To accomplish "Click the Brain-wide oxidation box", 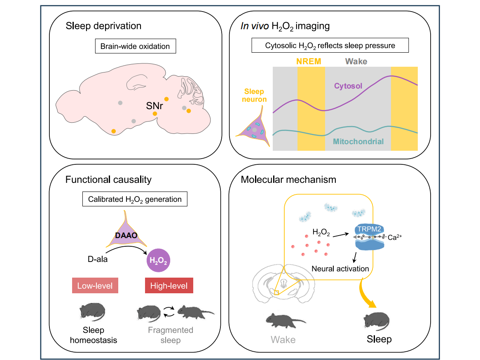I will coord(136,46).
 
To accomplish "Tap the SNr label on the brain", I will coord(155,106).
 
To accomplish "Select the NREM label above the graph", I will coord(309,62).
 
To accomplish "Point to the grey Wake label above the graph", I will coord(356,62).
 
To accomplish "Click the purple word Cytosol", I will coord(348,86).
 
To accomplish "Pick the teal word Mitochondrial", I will coord(358,142).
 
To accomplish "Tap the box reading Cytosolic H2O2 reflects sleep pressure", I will coord(330,46).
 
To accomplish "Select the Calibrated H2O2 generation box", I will coord(135,199).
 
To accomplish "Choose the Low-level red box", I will coord(95,285).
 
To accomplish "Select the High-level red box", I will coord(169,285).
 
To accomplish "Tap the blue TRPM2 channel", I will coord(369,237).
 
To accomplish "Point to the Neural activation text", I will coord(340,269).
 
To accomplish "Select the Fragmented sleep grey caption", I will coord(170,335).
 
